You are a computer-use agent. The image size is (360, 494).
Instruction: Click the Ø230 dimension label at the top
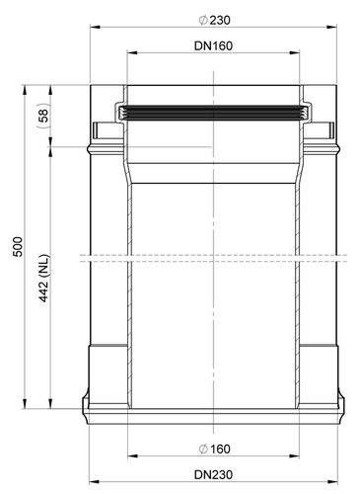point(214,21)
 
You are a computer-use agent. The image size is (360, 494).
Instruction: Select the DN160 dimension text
point(213,45)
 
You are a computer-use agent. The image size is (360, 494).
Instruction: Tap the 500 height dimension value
point(18,246)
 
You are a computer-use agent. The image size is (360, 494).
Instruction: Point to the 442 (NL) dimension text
point(44,278)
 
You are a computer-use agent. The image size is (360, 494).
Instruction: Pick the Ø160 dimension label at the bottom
point(214,449)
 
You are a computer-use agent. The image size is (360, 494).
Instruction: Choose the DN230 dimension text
point(213,474)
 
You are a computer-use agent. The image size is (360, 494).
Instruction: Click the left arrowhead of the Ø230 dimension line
point(95,27)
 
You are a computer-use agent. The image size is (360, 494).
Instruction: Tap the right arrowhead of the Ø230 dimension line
point(332,27)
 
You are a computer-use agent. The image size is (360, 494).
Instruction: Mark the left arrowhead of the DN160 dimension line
point(132,52)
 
